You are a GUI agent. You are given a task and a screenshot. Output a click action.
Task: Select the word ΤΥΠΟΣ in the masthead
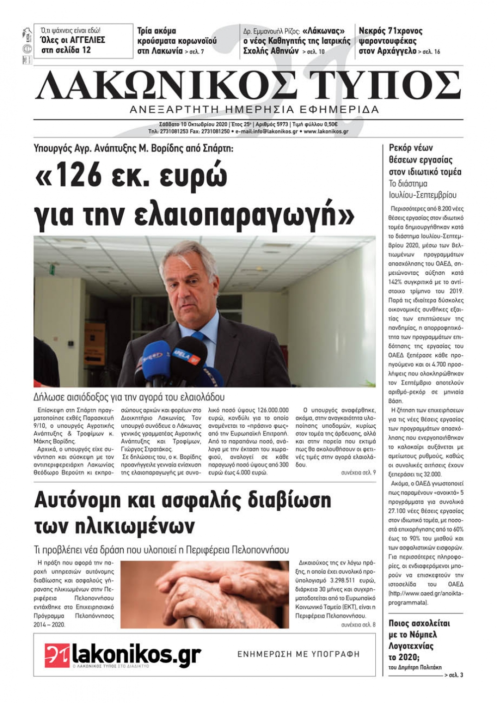385,85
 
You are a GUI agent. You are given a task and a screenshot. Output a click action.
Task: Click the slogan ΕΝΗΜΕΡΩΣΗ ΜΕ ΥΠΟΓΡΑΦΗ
298,654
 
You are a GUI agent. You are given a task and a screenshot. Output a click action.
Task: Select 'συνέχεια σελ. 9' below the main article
358,472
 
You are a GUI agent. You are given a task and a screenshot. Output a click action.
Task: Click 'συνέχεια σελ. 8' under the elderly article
358,625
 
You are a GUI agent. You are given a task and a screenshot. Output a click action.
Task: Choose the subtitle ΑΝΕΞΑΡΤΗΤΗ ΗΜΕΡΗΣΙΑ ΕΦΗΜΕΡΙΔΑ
254,109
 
